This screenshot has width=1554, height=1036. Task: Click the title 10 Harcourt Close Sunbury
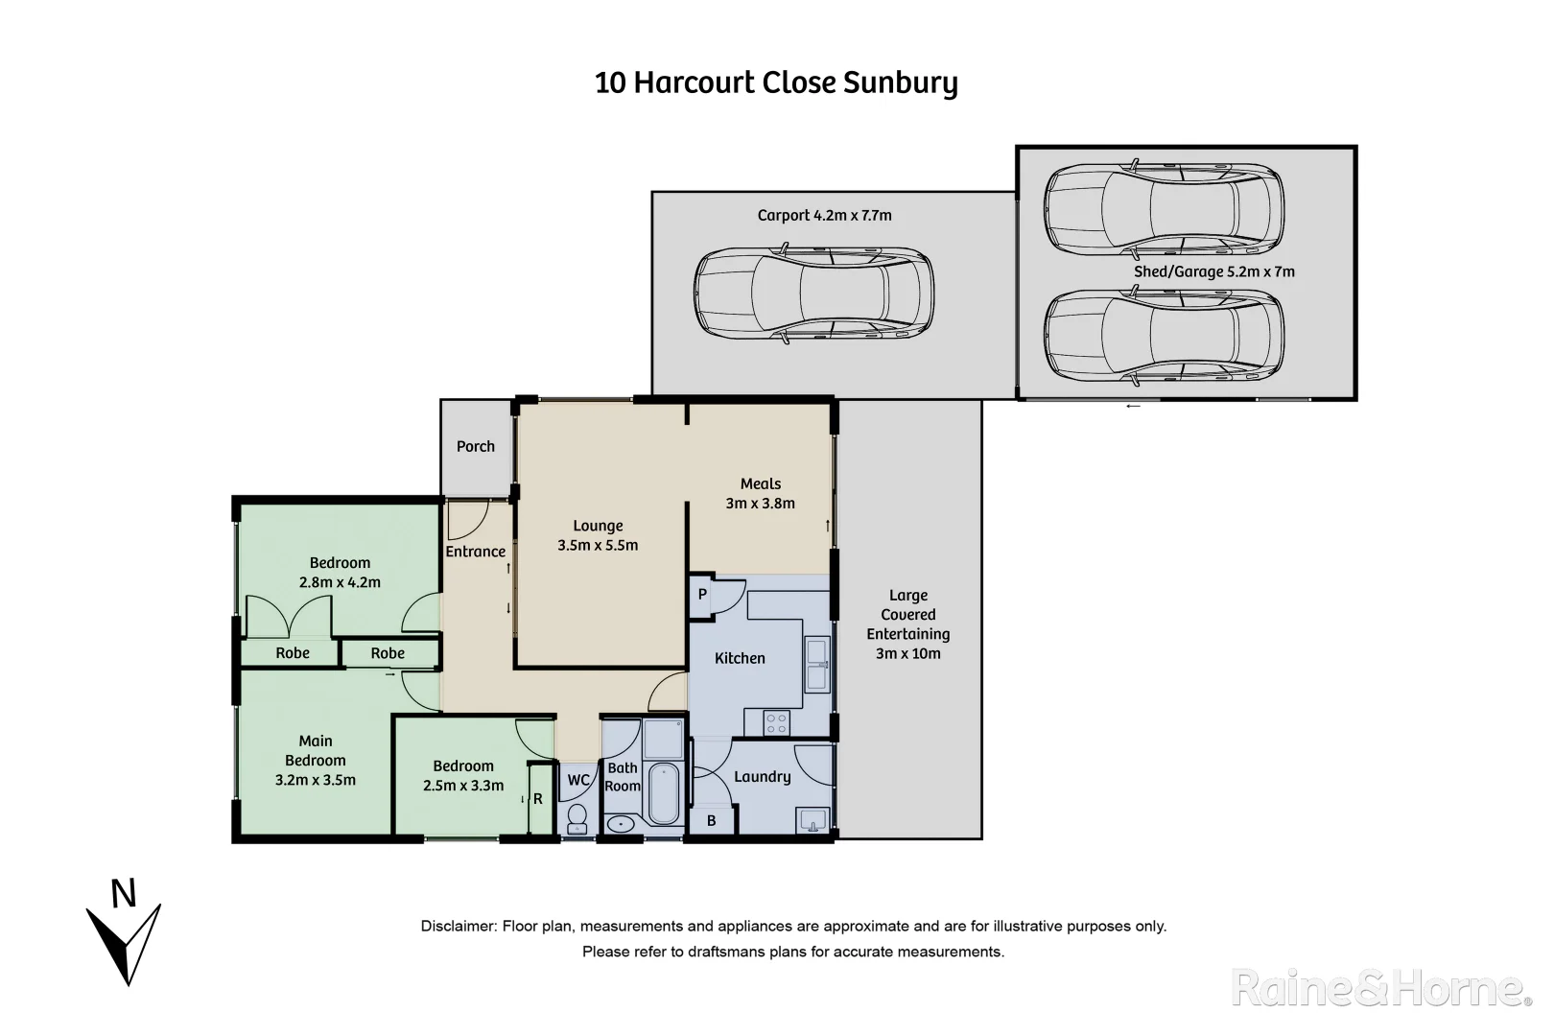[x=776, y=83]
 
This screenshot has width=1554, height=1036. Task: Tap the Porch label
[x=476, y=446]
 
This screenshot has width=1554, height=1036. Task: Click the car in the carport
[x=813, y=297]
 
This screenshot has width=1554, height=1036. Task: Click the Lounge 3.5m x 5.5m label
[x=598, y=535]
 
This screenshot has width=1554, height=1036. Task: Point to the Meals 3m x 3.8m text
[x=761, y=493]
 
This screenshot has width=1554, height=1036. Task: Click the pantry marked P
[x=702, y=595]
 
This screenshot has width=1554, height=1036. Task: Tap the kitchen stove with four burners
[x=776, y=722]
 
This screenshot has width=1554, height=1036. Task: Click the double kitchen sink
[x=817, y=664]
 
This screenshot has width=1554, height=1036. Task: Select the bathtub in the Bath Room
[x=664, y=793]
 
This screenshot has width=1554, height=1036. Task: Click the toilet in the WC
[x=577, y=817]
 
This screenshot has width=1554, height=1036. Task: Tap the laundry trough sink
[x=812, y=821]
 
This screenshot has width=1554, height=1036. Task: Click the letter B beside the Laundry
[x=712, y=821]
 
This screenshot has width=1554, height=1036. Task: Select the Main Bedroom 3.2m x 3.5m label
[x=316, y=760]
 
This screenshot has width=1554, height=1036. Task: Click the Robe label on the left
[x=293, y=653]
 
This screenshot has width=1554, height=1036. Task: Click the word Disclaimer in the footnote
[x=458, y=927]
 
